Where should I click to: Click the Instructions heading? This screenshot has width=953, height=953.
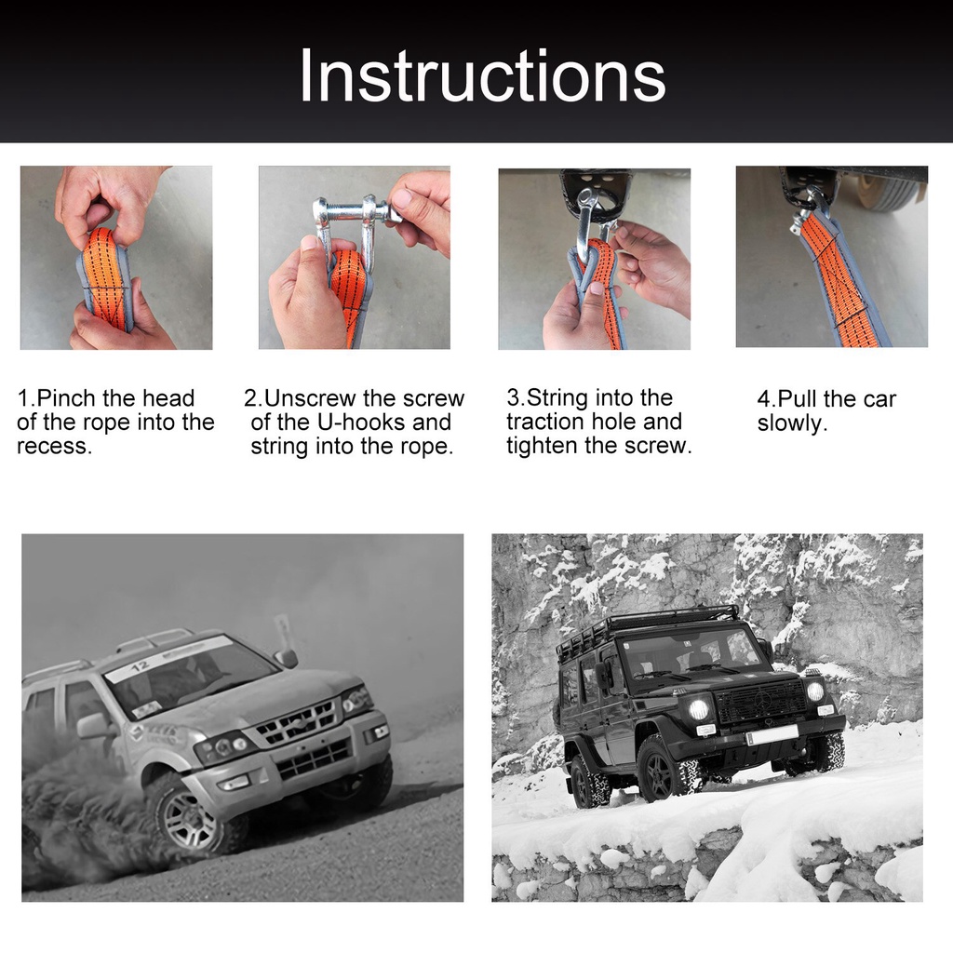click(483, 76)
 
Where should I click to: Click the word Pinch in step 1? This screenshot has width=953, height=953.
click(66, 398)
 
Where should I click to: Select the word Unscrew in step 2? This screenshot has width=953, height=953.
click(310, 398)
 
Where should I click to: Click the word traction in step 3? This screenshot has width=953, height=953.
click(544, 422)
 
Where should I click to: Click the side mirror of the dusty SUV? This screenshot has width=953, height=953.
click(285, 657)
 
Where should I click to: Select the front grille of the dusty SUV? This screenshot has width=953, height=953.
click(296, 721)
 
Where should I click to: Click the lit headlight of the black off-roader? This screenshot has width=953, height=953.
click(699, 708)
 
